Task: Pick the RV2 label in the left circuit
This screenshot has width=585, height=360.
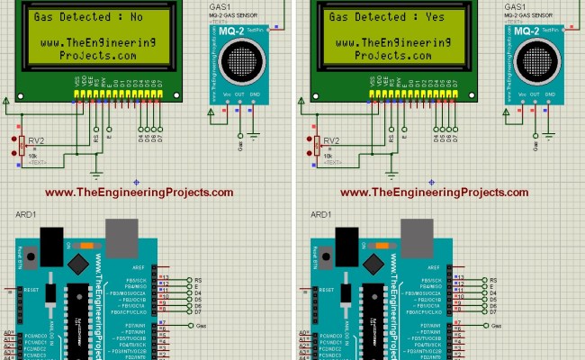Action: pos(35,140)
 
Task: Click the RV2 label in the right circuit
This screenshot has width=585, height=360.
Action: pos(331,140)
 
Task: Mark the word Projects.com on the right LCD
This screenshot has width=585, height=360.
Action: pos(393,55)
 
